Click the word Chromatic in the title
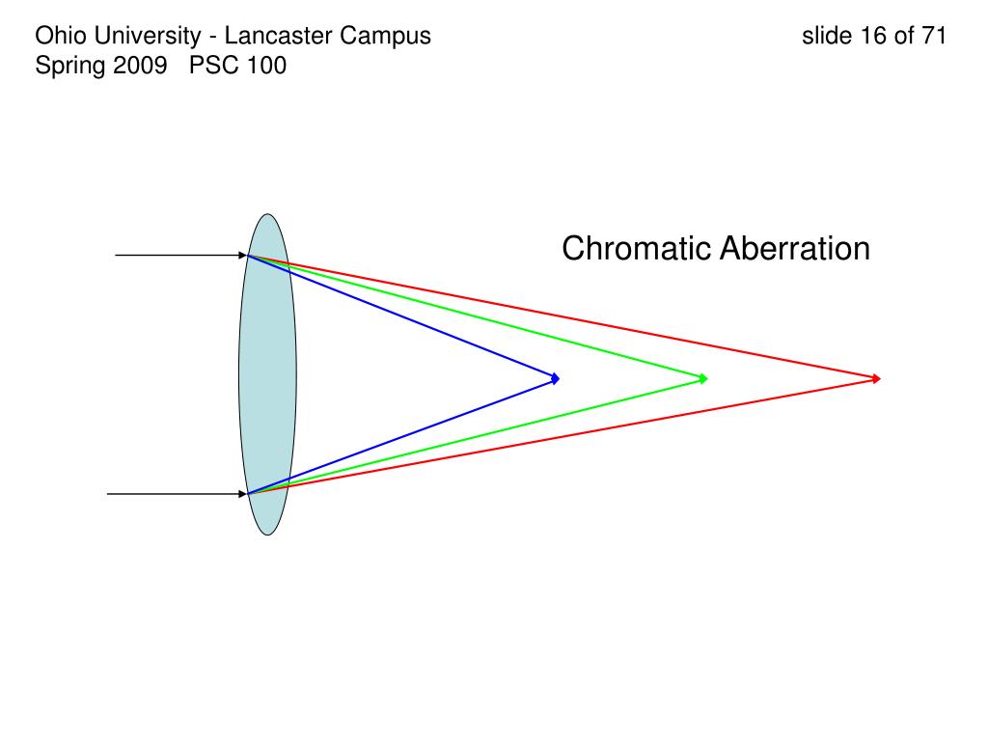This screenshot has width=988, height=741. [637, 249]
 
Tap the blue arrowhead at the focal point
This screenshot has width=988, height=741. [555, 378]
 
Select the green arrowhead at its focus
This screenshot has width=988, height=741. [703, 378]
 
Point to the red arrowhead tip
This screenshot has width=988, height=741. [877, 378]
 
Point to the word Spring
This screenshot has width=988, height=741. [67, 67]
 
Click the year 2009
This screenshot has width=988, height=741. [138, 67]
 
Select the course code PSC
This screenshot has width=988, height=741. [211, 67]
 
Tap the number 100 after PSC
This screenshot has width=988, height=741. [265, 67]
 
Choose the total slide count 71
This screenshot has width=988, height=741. [933, 37]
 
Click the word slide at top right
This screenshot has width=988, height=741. [827, 37]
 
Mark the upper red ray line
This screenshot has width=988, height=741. [579, 318]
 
